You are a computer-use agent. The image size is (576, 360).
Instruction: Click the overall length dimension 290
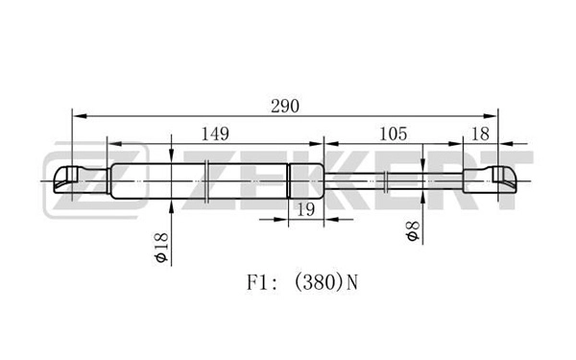click(285, 107)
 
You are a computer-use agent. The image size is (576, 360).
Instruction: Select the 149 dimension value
click(215, 134)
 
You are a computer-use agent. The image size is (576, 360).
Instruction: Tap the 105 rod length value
click(393, 134)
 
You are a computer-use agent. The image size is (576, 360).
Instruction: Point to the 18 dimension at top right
click(480, 134)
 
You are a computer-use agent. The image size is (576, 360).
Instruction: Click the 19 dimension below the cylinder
click(305, 210)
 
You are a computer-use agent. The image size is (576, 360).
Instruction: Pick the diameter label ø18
click(162, 248)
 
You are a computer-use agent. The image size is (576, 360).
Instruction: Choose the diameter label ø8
click(413, 231)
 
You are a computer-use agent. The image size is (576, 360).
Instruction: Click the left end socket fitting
click(82, 180)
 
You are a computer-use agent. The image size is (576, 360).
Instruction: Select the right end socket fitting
click(490, 180)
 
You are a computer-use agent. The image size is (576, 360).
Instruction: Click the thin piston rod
click(393, 180)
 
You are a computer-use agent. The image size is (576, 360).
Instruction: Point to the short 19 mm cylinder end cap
click(305, 180)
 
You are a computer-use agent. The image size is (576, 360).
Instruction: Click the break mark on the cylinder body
click(206, 181)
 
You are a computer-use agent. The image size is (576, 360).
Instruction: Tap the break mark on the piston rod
click(386, 181)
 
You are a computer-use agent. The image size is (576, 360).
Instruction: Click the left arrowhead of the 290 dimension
click(80, 116)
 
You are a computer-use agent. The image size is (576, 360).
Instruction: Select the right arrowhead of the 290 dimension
click(490, 116)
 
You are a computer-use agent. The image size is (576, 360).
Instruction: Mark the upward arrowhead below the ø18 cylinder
click(172, 206)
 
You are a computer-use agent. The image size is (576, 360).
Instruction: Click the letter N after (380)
click(352, 283)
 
